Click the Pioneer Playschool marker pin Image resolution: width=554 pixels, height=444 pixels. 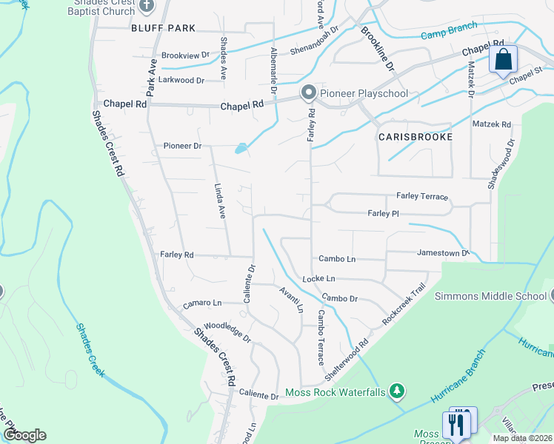click(x=308, y=92)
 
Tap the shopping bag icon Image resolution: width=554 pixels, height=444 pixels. click(x=503, y=60)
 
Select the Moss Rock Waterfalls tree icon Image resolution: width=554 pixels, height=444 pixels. click(x=398, y=391)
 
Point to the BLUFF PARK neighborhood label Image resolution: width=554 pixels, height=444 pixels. click(x=163, y=28)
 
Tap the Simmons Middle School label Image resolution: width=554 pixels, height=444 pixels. click(x=490, y=297)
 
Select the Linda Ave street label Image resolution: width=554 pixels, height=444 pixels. click(x=219, y=201)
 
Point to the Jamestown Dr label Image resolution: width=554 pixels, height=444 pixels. click(x=443, y=253)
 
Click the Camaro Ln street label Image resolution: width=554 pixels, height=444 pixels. click(x=202, y=303)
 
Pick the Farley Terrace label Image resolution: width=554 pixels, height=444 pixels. click(x=422, y=197)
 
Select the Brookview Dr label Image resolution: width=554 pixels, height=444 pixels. click(x=186, y=55)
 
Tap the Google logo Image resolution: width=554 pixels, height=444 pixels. click(x=25, y=435)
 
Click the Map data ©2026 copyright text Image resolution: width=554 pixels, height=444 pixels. click(x=521, y=438)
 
